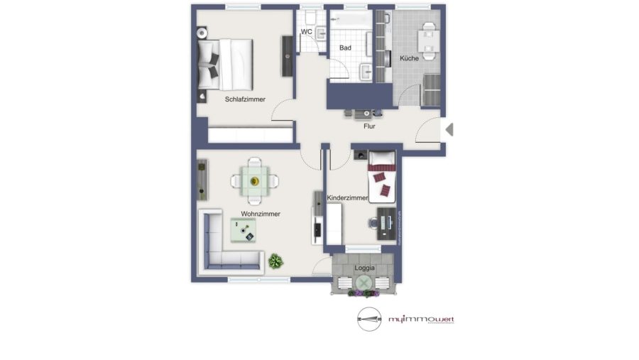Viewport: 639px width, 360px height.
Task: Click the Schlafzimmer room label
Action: point(245,99)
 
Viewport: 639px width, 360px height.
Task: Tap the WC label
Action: point(306,32)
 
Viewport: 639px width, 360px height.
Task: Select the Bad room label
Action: point(345,48)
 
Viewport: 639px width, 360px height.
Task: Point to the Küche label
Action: point(409,58)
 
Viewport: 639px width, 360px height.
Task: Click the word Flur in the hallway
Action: point(369,126)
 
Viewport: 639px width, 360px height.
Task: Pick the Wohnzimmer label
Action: point(261,213)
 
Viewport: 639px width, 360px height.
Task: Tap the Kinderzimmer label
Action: point(347,198)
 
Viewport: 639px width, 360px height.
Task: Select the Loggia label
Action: point(364,267)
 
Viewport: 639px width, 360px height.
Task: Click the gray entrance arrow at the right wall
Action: point(449,129)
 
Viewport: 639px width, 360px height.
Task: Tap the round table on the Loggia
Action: point(364,283)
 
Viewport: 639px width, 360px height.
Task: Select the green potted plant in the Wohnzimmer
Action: point(275,261)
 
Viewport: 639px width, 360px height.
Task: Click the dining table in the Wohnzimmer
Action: point(253,180)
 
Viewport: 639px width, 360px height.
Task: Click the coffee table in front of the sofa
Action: point(244,229)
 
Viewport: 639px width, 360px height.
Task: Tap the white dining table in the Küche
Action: point(427,40)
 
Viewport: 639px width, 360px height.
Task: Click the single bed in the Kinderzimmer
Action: point(381,174)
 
